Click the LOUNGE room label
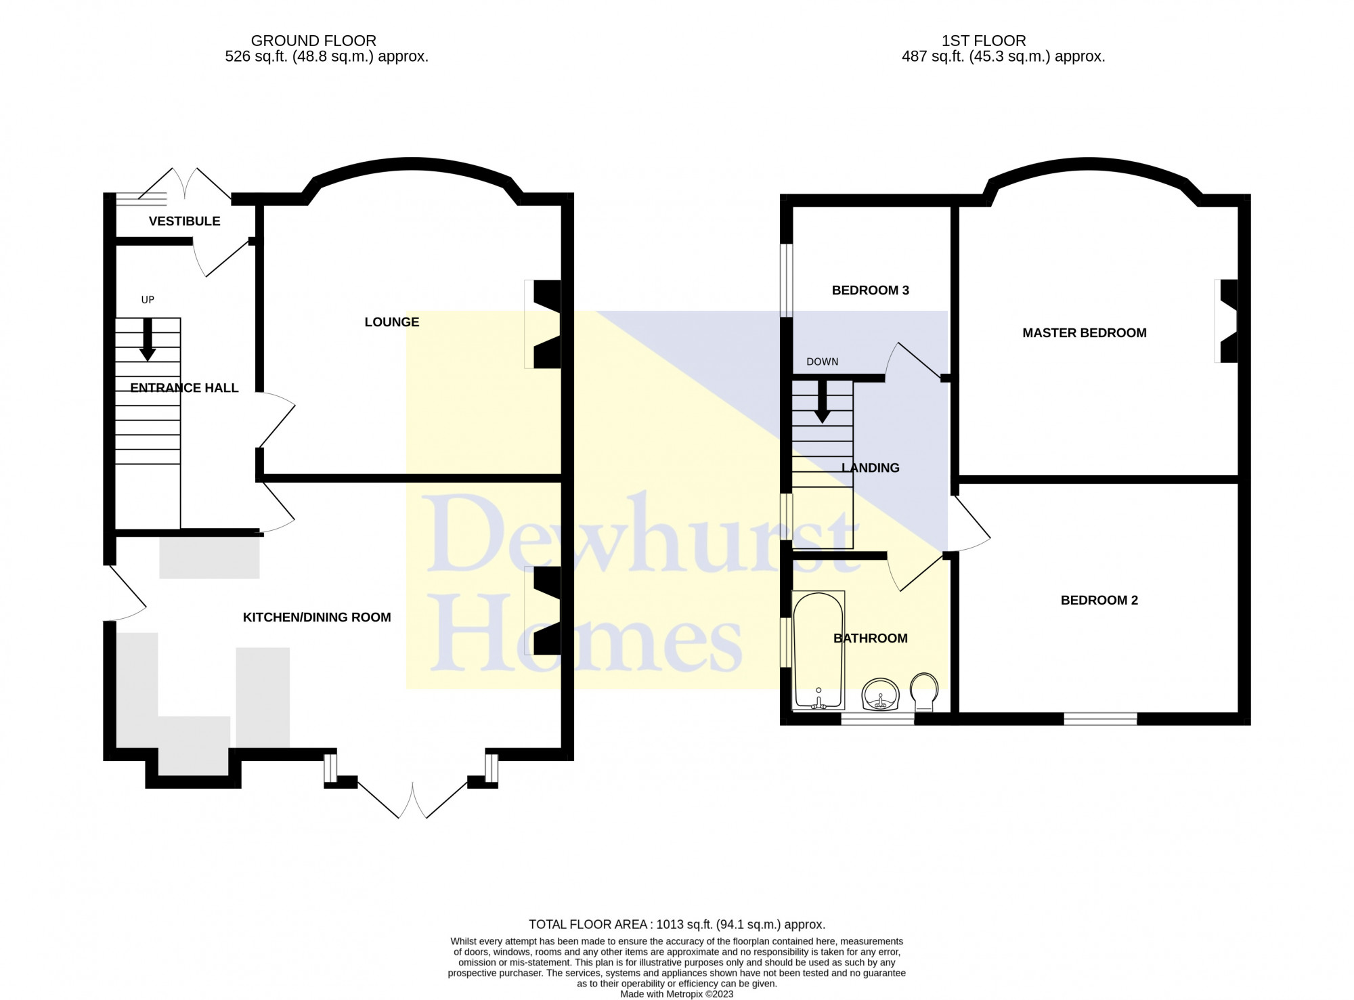coord(392,322)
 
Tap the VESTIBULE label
coord(184,221)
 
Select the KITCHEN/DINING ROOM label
coord(317,617)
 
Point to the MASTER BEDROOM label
coord(1085,333)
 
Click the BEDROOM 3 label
coord(871,290)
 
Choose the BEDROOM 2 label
coord(1099,601)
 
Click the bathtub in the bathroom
coord(818,651)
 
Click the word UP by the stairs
coord(148,300)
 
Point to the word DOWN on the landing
coord(823,362)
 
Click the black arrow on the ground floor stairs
coord(148,339)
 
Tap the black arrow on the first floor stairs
coord(822,402)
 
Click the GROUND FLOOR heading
coord(313,41)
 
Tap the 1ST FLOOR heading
coord(984,41)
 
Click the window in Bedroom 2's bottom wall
coord(1100,719)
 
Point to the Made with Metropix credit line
coord(677,995)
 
